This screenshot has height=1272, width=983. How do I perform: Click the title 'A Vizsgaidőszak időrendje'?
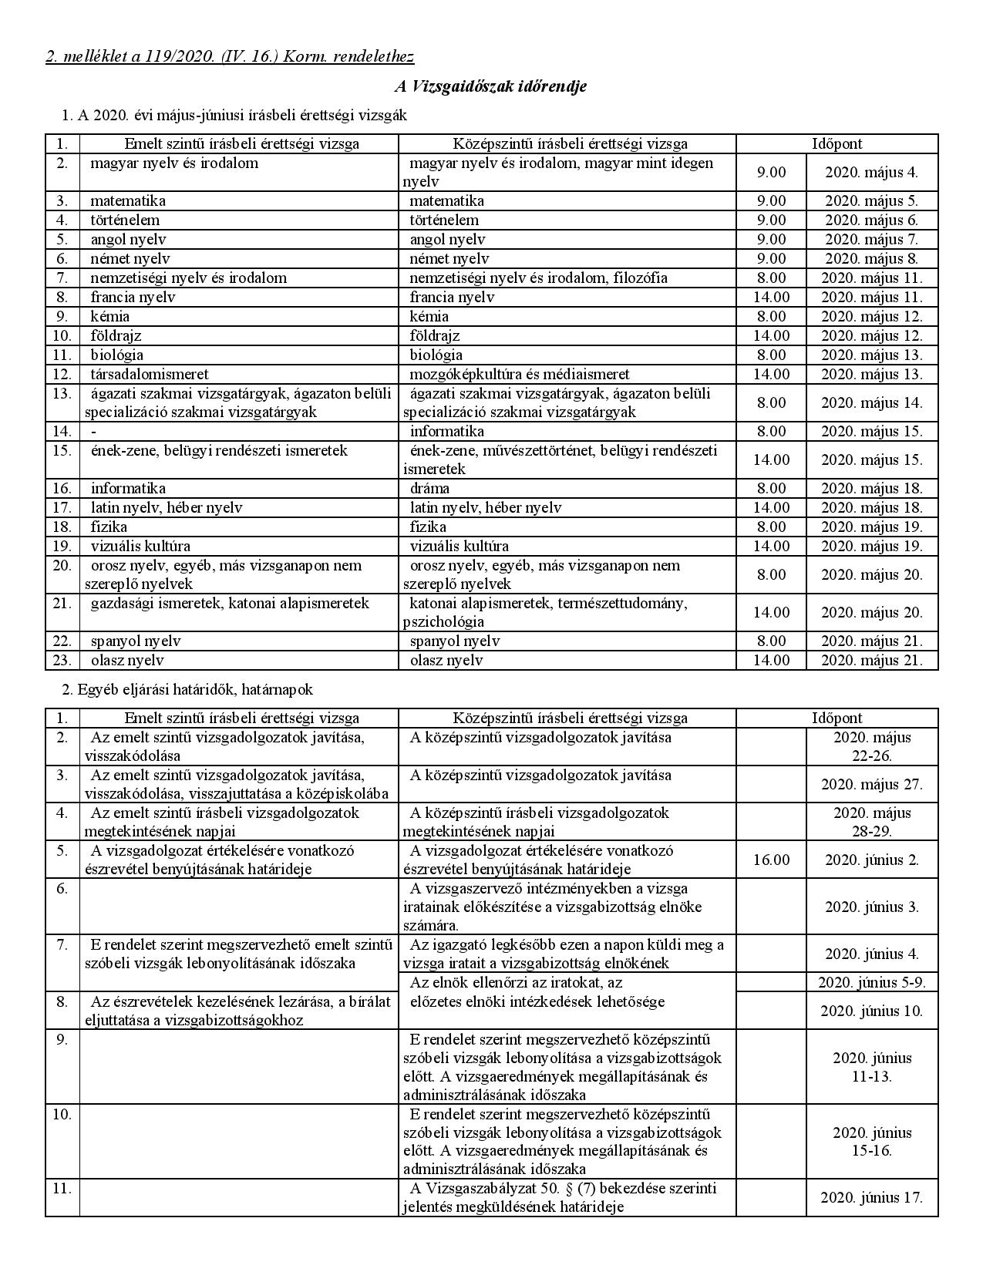(490, 86)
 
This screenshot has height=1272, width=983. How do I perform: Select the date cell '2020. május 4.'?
(871, 172)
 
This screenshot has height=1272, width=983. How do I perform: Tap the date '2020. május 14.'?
(871, 402)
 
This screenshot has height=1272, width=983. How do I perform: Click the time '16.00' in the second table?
(771, 860)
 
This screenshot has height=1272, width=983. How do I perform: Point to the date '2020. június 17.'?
(871, 1197)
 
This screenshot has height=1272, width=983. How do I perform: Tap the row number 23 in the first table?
(62, 660)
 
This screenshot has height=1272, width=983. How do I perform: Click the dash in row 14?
(93, 432)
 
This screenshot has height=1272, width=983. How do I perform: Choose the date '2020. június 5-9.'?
(871, 982)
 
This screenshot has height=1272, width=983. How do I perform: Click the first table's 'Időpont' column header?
(837, 143)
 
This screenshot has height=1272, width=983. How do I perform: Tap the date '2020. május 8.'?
(871, 258)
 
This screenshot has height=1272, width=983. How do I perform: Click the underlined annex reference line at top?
(230, 56)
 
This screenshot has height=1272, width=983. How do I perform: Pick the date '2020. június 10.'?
(871, 1011)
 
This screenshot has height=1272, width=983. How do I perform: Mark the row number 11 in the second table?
(62, 1188)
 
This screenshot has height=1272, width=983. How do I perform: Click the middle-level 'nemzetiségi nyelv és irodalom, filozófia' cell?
(538, 278)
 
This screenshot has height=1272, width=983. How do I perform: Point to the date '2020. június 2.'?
(871, 860)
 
